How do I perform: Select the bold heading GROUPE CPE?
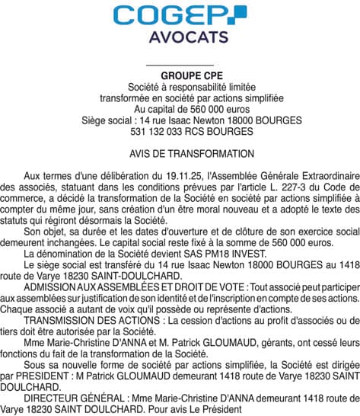point(180,77)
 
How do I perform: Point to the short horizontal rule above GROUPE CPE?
point(180,66)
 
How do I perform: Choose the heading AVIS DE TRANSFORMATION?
point(180,153)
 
